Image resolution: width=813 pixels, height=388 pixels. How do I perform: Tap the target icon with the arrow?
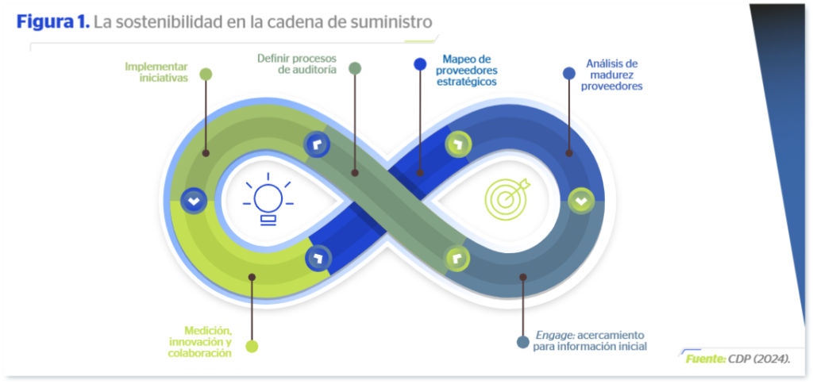pyautogui.click(x=504, y=198)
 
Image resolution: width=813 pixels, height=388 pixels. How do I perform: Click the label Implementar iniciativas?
pyautogui.click(x=156, y=72)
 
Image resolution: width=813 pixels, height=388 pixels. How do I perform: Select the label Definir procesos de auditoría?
pyautogui.click(x=297, y=63)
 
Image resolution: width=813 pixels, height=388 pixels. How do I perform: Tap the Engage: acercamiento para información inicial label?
pyautogui.click(x=591, y=340)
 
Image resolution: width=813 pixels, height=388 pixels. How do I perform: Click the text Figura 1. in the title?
pyautogui.click(x=52, y=21)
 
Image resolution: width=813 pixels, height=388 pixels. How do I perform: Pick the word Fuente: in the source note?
pyautogui.click(x=705, y=359)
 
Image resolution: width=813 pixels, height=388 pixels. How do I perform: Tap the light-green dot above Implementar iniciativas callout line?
pyautogui.click(x=206, y=75)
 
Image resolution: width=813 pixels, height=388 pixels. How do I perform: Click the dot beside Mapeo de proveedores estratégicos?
pyautogui.click(x=420, y=65)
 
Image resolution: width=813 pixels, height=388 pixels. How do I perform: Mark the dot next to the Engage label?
pyautogui.click(x=522, y=342)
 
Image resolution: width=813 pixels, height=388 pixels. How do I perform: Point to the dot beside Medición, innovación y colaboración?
pyautogui.click(x=252, y=346)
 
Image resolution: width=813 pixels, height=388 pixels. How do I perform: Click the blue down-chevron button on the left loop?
pyautogui.click(x=193, y=201)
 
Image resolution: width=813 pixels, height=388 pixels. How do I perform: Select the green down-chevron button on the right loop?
pyautogui.click(x=580, y=201)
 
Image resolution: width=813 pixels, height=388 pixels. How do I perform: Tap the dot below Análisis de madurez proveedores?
pyautogui.click(x=568, y=73)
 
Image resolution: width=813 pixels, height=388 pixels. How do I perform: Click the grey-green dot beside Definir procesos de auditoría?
pyautogui.click(x=355, y=68)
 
